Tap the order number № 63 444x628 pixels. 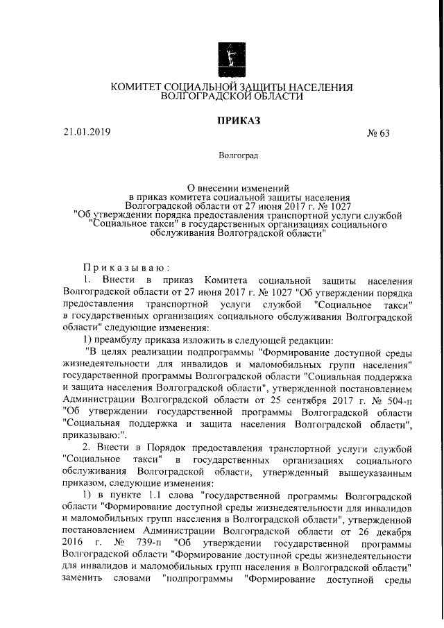tap(378, 134)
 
